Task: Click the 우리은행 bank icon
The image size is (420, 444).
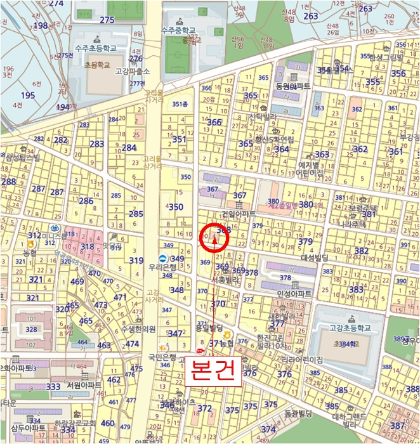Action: point(163,258)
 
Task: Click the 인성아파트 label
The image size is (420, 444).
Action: point(294,294)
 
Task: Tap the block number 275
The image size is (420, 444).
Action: point(107,20)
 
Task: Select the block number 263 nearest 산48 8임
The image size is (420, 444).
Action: point(311,16)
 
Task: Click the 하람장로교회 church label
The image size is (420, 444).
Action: point(75,423)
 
